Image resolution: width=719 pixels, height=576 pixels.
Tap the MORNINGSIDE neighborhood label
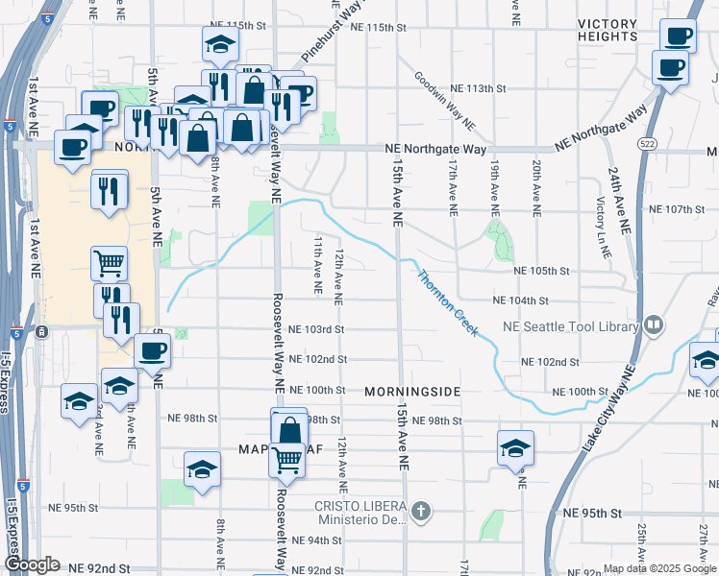413,392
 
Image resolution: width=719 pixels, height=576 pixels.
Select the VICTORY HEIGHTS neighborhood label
607,30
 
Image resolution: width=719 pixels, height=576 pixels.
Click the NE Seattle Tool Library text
571,326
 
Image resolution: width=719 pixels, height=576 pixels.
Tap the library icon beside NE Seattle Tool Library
654,326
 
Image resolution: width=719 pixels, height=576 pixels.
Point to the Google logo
32,565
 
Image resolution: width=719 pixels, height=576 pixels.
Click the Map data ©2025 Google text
658,568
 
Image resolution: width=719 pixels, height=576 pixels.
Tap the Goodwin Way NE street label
445,100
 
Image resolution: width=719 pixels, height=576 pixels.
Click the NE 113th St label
480,88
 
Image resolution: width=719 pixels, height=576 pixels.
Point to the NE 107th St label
678,209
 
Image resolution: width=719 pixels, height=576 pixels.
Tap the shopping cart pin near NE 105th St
110,262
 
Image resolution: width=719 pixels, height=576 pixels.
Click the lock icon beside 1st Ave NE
42,332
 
